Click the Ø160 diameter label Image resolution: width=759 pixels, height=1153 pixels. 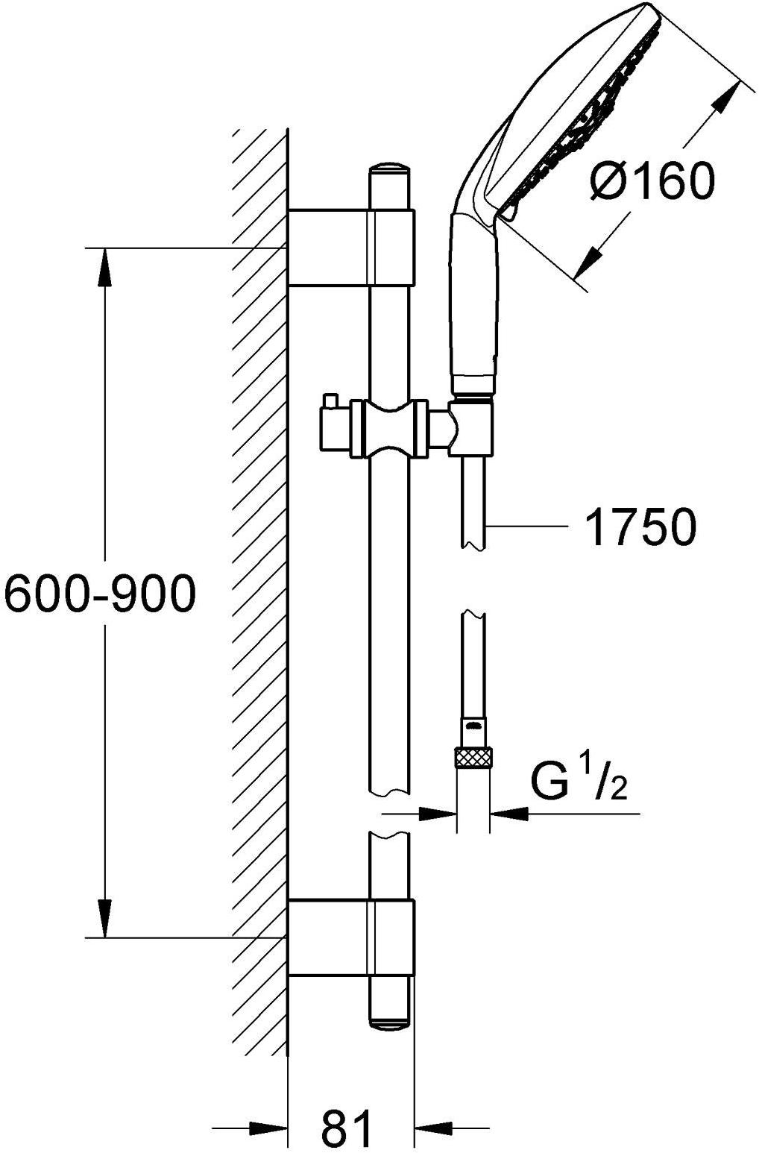click(x=652, y=180)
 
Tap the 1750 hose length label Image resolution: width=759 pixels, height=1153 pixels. click(x=640, y=527)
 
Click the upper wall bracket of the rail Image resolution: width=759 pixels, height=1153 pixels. click(x=351, y=248)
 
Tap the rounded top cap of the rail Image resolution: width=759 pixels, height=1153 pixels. click(x=390, y=172)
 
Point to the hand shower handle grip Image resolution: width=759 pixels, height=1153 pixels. click(x=474, y=304)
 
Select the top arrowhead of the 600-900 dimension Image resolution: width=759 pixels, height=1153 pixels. click(x=105, y=267)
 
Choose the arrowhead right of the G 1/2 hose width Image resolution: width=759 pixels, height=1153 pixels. click(x=508, y=814)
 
